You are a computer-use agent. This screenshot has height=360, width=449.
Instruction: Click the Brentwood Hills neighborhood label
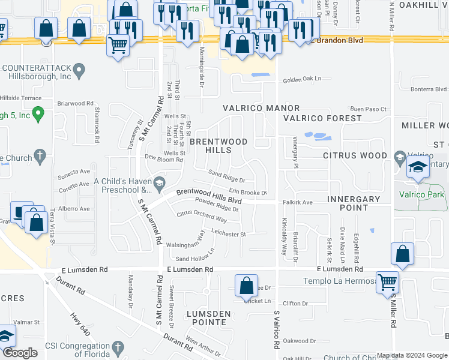[x=218, y=146]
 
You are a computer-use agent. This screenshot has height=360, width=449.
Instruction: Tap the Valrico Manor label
[x=252, y=108]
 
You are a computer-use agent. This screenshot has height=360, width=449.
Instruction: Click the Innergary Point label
[x=354, y=203]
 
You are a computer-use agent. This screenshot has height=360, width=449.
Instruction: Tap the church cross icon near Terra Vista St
[x=40, y=157]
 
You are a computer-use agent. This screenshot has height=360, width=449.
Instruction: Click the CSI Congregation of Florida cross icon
[x=118, y=347]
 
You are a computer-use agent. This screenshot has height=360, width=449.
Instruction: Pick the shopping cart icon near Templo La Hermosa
[x=387, y=281]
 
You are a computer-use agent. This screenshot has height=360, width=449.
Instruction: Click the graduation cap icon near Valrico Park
[x=417, y=168]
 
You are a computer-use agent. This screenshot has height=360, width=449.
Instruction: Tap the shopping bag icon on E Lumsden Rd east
[x=402, y=254]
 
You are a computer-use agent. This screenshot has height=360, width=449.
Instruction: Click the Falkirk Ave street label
[x=298, y=203]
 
